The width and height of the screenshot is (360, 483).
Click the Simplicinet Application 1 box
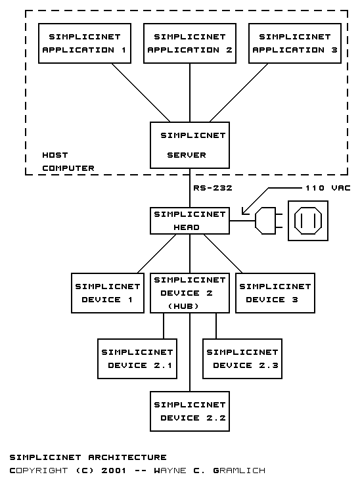(x=85, y=43)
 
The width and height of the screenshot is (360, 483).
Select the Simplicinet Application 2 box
(x=190, y=43)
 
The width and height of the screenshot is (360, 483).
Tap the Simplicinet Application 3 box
(x=295, y=43)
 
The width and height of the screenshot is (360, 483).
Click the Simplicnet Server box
(x=190, y=145)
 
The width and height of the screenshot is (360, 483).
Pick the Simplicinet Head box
(x=190, y=221)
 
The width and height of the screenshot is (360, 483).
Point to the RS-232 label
(x=213, y=188)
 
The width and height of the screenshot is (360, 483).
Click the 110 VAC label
(x=328, y=188)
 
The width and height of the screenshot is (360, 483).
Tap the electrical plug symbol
(x=267, y=221)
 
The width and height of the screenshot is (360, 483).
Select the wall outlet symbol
(x=308, y=221)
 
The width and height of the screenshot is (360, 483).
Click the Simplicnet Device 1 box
(x=108, y=293)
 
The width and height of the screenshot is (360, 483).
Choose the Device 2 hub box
(x=190, y=293)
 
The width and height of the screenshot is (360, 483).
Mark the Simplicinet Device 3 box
(x=275, y=293)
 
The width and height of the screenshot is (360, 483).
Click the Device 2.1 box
(x=137, y=359)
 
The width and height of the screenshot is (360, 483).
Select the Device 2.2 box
(x=190, y=411)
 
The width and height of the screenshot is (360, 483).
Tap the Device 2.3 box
(x=242, y=359)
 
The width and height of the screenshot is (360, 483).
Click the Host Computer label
(x=68, y=162)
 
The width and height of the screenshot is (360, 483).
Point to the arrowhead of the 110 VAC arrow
(x=243, y=213)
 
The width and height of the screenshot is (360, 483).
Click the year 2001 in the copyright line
(x=114, y=471)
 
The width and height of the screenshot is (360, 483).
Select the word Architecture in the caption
(x=127, y=457)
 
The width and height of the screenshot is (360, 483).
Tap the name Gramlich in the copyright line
(x=239, y=471)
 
